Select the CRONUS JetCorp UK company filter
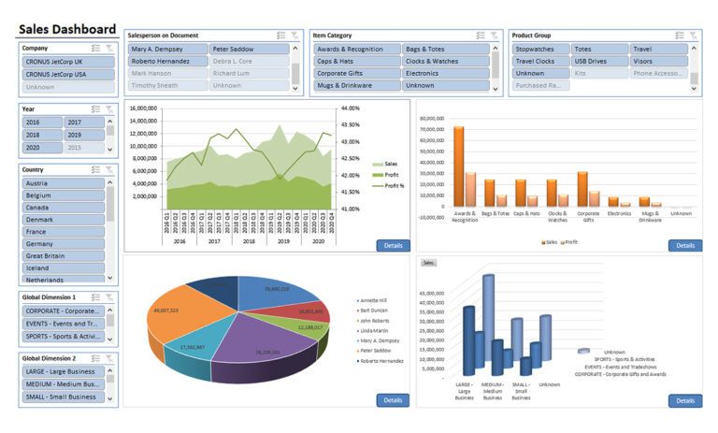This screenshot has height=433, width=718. (62, 62)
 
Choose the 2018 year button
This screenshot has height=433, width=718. (41, 135)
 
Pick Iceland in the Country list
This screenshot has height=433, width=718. (62, 267)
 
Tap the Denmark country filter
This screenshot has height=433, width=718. (62, 219)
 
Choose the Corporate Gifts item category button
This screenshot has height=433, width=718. (355, 73)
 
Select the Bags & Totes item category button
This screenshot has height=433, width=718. (446, 49)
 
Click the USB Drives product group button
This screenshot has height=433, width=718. (598, 61)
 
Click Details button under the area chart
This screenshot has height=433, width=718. (393, 246)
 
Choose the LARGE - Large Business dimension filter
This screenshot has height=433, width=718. (62, 371)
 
